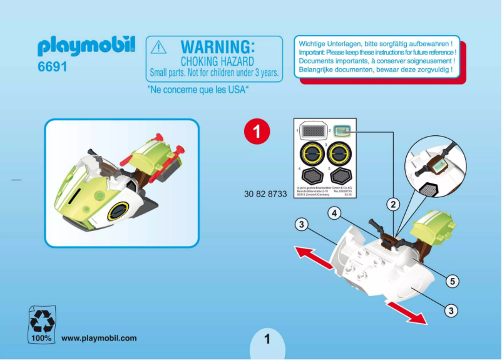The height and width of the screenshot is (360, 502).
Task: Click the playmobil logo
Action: [86, 46]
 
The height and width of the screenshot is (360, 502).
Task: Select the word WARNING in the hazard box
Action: [217, 47]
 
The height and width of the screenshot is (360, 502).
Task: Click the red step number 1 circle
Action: [257, 131]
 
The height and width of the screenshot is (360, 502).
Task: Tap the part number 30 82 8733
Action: [265, 194]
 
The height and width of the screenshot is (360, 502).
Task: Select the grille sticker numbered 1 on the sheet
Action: [314, 131]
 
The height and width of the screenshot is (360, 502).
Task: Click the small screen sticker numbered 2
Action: [342, 130]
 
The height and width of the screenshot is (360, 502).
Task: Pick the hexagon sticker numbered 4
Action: [314, 175]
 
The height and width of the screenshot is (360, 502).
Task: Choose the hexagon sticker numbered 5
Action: [342, 175]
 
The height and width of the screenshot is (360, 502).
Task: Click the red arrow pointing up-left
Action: [314, 257]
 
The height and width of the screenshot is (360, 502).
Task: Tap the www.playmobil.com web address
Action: [99, 338]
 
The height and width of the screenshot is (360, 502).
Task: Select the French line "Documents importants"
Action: [376, 61]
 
